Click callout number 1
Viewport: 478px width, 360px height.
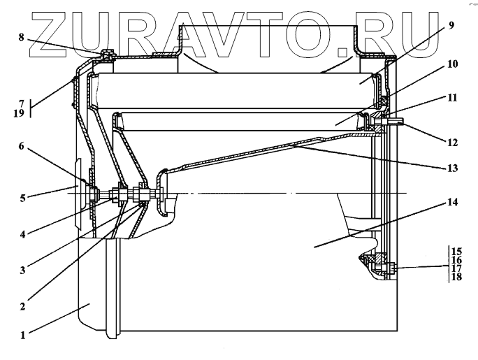tap(22, 334)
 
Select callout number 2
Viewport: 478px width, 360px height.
tap(22, 305)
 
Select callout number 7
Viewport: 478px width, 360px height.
tap(22, 103)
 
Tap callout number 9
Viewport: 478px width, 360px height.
tap(451, 25)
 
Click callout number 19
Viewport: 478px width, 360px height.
tap(22, 113)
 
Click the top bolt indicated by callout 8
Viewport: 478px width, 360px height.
tap(104, 54)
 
